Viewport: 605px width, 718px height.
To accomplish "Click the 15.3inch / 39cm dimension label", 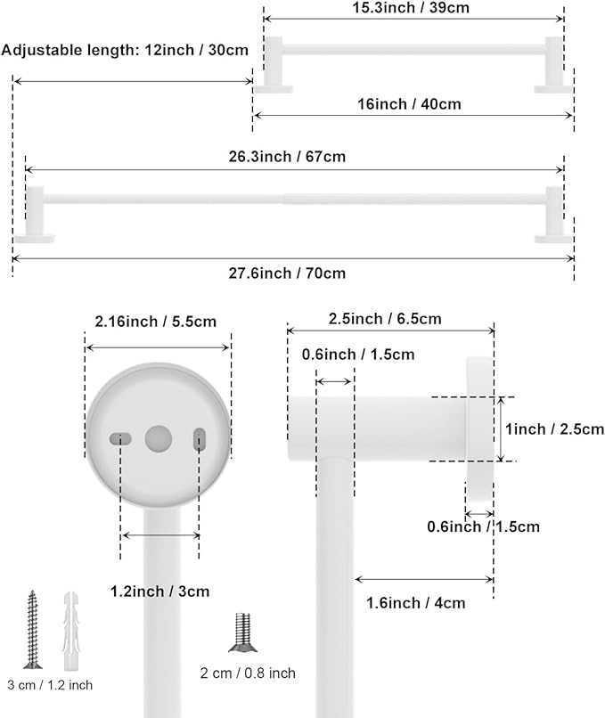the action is (411, 8).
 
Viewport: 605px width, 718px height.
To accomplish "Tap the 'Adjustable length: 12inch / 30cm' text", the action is (125, 50).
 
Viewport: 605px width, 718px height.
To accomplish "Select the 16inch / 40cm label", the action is (409, 104).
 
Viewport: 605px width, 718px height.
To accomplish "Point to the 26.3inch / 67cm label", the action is (287, 157).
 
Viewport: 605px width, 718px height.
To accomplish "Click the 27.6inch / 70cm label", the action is (287, 273).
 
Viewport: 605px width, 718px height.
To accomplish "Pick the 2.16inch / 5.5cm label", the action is (156, 322).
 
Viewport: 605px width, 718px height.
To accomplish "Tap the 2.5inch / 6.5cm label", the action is (385, 319).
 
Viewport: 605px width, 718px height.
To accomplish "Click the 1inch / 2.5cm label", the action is (554, 429).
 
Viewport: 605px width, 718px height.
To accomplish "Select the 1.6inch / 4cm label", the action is (416, 603).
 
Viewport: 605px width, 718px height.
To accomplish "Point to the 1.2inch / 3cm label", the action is (159, 592).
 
